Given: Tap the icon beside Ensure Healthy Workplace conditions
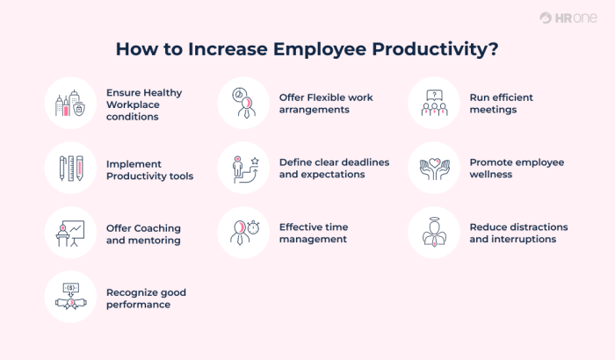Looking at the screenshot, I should [x=69, y=104].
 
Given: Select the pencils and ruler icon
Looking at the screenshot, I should [x=69, y=168].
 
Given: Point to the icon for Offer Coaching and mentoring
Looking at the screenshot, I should [x=69, y=233].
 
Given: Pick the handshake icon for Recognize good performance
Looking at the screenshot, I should [x=69, y=297].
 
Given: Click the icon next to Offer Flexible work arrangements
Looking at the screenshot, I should [x=242, y=104].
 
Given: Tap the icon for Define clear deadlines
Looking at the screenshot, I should [x=242, y=168].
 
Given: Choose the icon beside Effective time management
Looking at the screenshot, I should [x=242, y=233].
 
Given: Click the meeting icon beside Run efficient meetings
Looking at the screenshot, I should [x=433, y=104].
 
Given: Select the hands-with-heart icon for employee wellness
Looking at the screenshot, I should [x=433, y=168].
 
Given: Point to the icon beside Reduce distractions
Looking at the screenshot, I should [x=433, y=233].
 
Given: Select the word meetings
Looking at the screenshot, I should [x=495, y=110].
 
